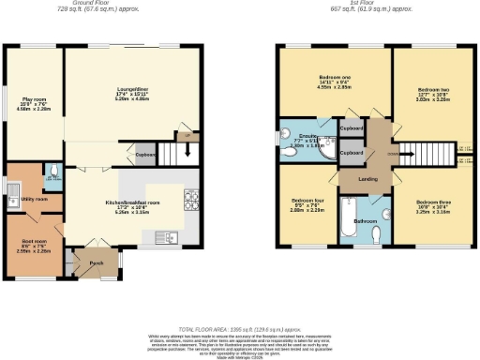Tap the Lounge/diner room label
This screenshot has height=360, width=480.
click(x=131, y=90)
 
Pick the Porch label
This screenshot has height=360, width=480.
click(x=96, y=262)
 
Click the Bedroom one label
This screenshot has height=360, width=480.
click(x=334, y=79)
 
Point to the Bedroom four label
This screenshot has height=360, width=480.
click(x=307, y=203)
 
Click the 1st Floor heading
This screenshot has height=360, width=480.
click(x=372, y=3)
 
